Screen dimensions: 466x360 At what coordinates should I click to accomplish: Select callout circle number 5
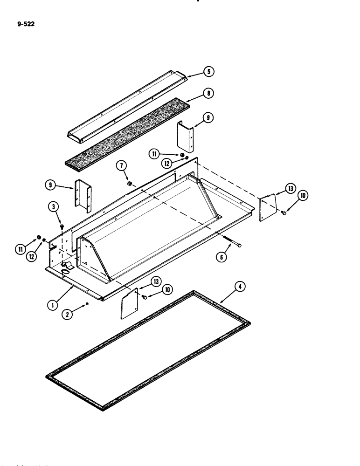click(208, 72)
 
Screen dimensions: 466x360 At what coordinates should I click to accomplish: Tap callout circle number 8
click(208, 94)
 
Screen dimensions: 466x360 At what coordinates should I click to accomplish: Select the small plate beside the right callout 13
click(268, 203)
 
